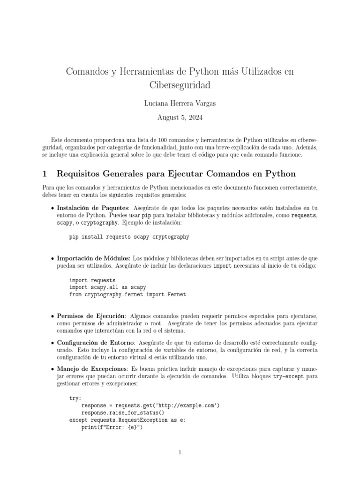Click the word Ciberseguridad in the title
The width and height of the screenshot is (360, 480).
click(180, 86)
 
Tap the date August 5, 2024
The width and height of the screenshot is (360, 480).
click(180, 117)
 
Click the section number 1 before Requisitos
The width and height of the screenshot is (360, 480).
click(45, 174)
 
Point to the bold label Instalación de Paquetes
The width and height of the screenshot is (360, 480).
click(92, 207)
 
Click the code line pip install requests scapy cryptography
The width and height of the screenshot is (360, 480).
click(129, 237)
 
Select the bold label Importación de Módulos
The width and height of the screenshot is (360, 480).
click(94, 258)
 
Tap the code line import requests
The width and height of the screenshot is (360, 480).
click(92, 280)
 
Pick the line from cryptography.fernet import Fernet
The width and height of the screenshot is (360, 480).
click(127, 294)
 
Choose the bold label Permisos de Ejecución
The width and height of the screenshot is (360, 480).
click(91, 316)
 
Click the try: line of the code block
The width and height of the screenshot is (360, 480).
click(75, 398)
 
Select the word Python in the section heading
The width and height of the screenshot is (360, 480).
click(279, 174)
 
